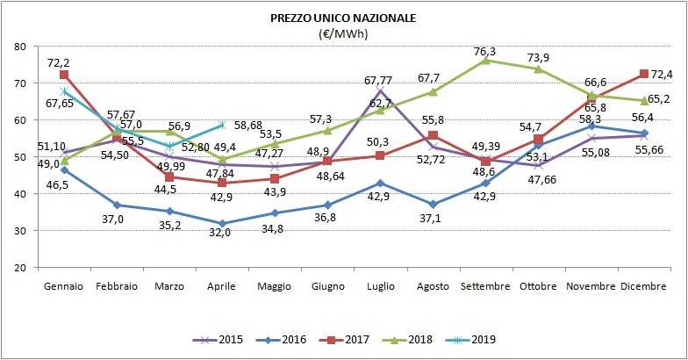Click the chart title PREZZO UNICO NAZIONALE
(343, 18)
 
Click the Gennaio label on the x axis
(63, 287)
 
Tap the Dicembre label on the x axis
(642, 287)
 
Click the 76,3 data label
(484, 50)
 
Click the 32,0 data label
(221, 239)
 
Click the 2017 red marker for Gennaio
(64, 75)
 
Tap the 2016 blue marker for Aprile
(221, 223)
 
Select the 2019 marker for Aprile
(221, 125)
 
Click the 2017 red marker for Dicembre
(643, 74)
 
